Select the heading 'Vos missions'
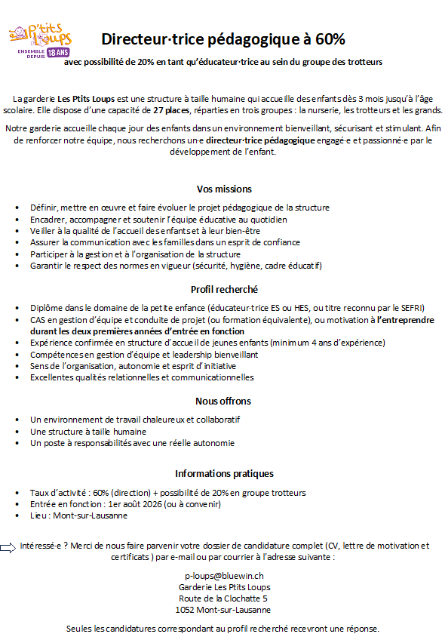224,189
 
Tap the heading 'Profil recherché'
224,289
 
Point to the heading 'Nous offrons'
224,401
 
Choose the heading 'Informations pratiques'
224,474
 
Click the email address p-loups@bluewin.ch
224,575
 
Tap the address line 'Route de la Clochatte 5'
224,598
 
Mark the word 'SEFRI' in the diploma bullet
411,307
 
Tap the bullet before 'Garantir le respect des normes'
17,266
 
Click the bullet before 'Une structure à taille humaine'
17,432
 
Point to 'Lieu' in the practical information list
38,515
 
